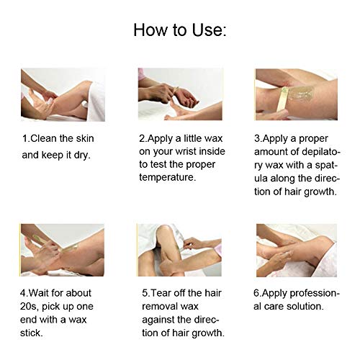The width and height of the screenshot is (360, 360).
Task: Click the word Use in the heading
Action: pos(209,30)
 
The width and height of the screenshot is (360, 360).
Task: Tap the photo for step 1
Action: pos(63,95)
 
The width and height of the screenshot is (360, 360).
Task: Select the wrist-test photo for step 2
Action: pos(180,94)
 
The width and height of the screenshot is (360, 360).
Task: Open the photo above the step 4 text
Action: pos(63,250)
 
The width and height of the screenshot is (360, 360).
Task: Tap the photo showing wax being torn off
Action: pos(179,250)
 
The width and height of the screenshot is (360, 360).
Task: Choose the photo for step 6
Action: pos(297,251)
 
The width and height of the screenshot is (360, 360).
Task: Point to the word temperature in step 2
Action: pos(168,177)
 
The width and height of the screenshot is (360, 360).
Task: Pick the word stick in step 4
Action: pos(32,333)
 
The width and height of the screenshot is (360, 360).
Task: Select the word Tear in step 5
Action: pos(161,293)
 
